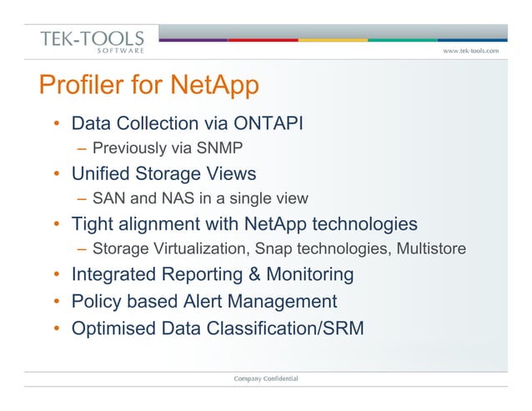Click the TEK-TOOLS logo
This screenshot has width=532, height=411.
92,41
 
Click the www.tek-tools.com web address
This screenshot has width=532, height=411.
470,50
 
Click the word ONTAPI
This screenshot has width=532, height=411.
265,124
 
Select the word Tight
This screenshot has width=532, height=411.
94,224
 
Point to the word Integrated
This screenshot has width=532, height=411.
113,274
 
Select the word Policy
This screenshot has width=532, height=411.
96,300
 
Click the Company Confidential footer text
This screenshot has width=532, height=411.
266,379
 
